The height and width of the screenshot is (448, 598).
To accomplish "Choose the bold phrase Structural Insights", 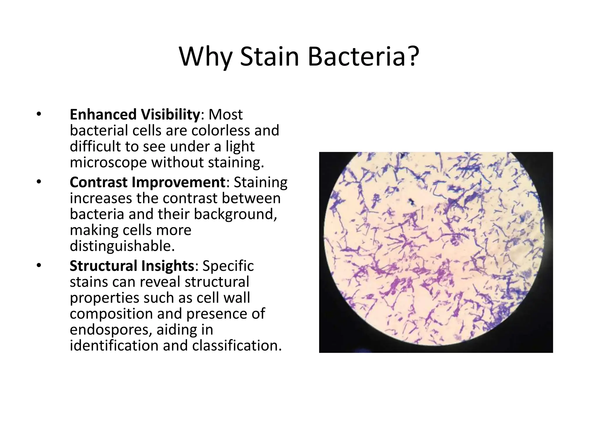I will coord(132,266).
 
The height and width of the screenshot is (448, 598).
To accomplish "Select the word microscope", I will coord(108,162).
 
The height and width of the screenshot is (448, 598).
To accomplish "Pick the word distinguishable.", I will coord(122,246).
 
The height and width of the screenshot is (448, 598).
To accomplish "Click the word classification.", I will coord(237,346).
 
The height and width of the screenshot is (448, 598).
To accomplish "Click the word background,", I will coord(235,214).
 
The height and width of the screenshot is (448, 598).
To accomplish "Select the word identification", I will coord(114,346).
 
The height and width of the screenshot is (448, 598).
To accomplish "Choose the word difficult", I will coord(95,146).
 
